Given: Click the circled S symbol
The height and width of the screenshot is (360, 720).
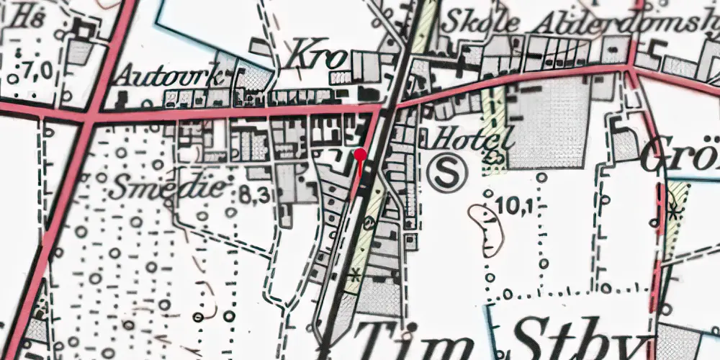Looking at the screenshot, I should click(448, 172).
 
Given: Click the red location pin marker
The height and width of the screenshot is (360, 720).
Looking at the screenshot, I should click(360, 154).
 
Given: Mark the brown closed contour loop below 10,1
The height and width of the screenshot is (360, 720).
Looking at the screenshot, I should click(488, 230).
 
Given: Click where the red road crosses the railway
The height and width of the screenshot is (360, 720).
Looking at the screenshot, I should click(389, 105).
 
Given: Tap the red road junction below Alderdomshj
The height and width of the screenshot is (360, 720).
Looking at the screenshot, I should click(631, 68).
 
